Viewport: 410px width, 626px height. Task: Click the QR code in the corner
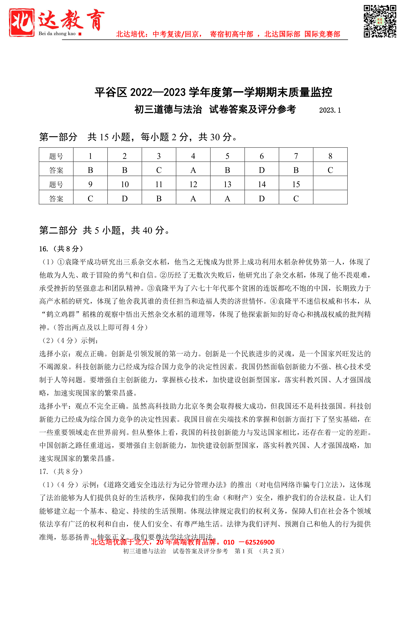click(380, 21)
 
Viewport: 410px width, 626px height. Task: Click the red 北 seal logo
click(21, 22)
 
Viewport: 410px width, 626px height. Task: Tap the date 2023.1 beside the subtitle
click(330, 110)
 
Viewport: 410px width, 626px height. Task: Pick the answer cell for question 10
click(124, 198)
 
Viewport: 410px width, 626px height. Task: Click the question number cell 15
click(296, 184)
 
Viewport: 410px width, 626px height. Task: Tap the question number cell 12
click(193, 184)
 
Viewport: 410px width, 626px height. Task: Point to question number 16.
click(43, 248)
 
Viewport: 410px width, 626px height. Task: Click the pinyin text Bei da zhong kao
click(57, 34)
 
